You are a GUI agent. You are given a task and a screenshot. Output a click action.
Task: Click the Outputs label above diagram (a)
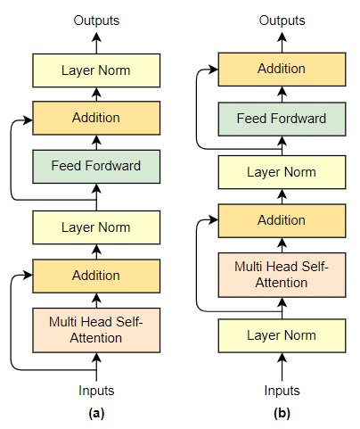96,21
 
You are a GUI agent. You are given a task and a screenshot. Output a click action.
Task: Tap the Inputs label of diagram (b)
282,391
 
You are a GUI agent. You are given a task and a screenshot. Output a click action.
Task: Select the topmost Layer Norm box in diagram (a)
96,70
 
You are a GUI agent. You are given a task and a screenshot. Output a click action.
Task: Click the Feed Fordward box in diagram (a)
96,167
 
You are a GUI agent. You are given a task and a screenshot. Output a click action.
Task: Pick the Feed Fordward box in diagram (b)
282,120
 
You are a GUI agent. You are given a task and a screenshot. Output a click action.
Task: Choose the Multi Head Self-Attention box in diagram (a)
96,330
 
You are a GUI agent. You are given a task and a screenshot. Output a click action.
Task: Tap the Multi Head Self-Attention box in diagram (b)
282,275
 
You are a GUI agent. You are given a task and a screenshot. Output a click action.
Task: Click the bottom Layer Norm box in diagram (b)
282,335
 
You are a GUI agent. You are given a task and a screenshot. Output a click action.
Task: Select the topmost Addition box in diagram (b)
282,70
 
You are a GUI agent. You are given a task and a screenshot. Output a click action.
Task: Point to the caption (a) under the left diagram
96,413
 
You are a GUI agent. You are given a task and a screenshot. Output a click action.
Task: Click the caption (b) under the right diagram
282,413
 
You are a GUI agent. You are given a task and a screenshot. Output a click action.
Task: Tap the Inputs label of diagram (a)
96,391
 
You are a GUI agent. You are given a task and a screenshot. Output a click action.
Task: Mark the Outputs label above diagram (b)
282,21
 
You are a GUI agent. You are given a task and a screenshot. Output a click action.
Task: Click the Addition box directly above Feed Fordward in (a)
96,118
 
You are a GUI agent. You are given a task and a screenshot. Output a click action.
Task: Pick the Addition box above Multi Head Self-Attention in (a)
96,276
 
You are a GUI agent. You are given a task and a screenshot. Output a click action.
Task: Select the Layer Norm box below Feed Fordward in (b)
282,172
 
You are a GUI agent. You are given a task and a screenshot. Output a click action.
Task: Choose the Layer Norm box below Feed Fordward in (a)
96,227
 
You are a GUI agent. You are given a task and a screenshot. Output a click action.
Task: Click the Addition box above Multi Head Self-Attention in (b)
282,220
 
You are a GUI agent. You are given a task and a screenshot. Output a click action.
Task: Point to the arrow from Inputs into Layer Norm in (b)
282,367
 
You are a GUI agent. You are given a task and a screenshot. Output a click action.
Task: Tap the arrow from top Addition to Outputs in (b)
282,42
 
